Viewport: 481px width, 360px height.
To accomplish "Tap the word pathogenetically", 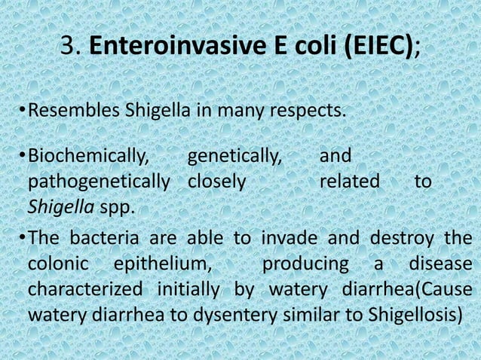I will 99,182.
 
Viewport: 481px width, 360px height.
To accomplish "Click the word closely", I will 216,182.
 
